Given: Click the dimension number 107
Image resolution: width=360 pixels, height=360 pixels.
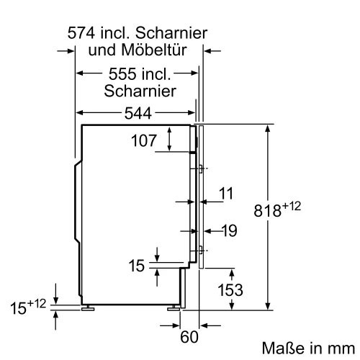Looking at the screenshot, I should [x=143, y=141].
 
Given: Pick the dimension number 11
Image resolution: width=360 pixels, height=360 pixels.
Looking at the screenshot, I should [x=227, y=193].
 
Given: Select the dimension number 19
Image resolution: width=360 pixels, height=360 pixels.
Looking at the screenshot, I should [x=228, y=231].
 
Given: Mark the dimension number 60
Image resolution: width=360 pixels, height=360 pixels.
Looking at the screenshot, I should [x=189, y=336].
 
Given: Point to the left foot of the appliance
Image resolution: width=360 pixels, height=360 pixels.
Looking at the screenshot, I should [x=90, y=307].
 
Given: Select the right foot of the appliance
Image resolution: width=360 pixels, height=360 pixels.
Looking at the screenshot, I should [x=176, y=307].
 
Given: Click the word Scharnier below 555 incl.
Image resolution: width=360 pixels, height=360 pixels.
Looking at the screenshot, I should [x=140, y=91].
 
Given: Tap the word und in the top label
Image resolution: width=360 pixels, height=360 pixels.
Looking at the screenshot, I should [x=102, y=50].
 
